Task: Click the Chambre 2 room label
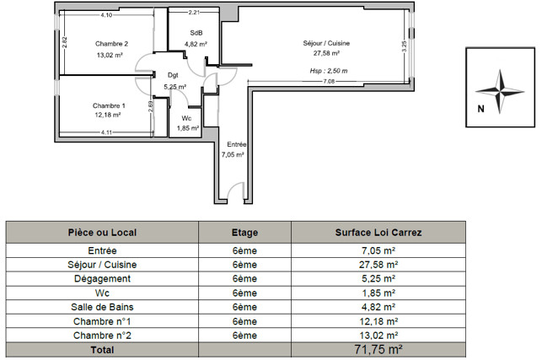(x=111, y=44)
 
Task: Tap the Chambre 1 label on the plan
(x=109, y=106)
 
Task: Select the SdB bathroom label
(x=196, y=33)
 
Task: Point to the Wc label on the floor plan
(x=186, y=118)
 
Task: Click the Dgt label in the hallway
(x=173, y=75)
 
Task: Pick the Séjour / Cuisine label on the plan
(x=326, y=43)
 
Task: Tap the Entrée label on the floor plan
(x=236, y=144)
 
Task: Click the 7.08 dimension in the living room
(x=329, y=82)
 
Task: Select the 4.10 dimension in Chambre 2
(x=106, y=15)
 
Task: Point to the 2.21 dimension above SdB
(x=194, y=13)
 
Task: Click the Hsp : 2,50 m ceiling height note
(x=329, y=71)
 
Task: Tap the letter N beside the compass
(x=480, y=109)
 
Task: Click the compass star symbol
(x=500, y=92)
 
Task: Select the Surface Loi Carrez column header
(x=378, y=233)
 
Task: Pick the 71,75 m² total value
(x=378, y=350)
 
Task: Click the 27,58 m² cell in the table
(x=378, y=265)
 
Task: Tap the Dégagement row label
(x=102, y=279)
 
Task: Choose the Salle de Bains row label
(x=102, y=307)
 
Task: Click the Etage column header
(x=244, y=233)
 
